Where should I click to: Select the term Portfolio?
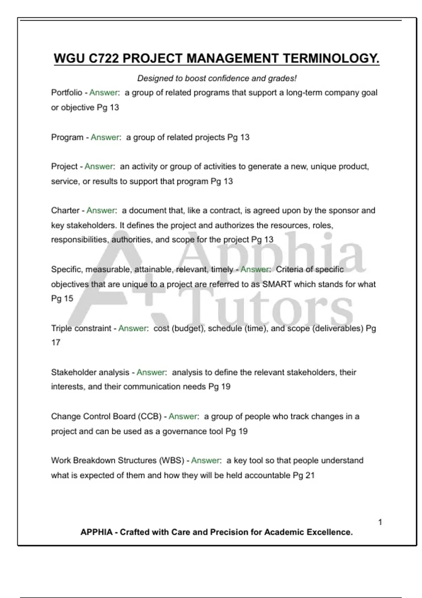coord(66,93)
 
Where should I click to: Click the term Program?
coord(67,137)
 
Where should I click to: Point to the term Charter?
coord(65,210)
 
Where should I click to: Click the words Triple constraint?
coord(81,328)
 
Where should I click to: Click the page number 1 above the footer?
coord(380,522)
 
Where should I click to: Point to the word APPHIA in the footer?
coord(96,532)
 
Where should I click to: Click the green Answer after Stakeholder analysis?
coord(151,372)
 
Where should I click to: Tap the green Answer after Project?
coord(99,166)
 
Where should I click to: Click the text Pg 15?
coord(62,299)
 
